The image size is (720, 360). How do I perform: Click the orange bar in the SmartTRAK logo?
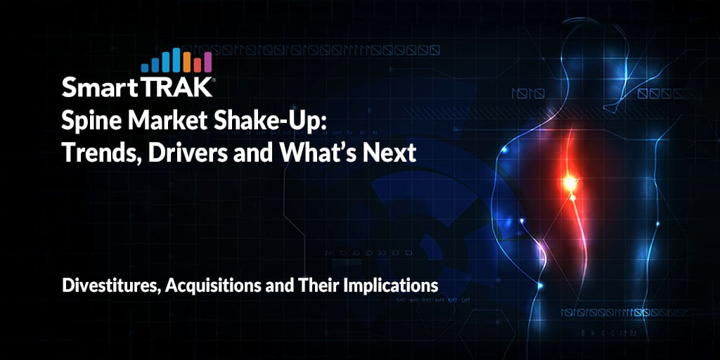point(187,62)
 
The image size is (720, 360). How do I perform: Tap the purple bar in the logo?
point(207,62)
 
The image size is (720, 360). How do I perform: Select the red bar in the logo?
point(198,65)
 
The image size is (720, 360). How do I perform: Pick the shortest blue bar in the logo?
point(145,68)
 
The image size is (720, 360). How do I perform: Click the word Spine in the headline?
point(85,124)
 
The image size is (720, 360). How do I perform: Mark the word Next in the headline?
point(390,153)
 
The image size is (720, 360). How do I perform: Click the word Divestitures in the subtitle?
point(110,285)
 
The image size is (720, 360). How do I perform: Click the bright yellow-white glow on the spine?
point(570,184)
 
